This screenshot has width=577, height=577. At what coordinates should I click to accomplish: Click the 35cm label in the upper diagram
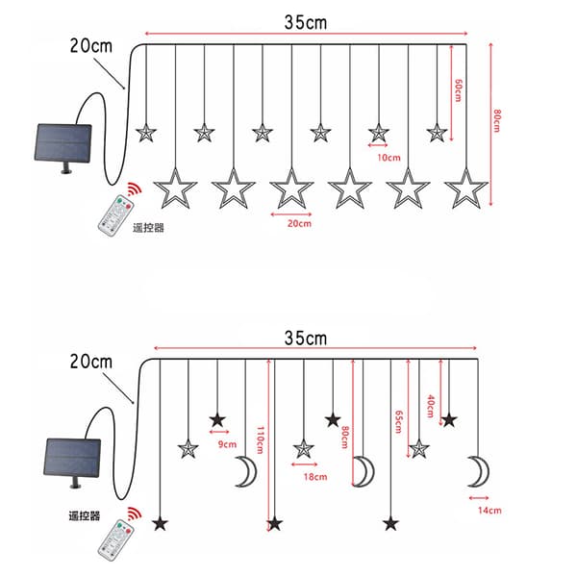306,22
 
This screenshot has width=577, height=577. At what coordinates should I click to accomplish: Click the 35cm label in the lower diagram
306,339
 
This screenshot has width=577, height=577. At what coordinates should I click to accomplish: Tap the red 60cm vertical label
458,90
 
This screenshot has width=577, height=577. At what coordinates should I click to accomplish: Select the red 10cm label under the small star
389,158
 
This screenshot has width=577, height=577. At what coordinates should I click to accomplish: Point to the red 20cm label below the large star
299,223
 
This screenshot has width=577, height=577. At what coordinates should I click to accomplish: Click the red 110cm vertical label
261,440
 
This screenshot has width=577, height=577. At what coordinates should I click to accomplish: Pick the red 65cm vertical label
398,422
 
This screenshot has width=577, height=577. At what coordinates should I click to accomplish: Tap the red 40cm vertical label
431,406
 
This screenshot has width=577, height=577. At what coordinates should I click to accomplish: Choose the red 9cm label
227,444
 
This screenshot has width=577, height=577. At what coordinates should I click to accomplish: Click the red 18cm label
315,477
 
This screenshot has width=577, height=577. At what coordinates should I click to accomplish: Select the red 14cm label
489,511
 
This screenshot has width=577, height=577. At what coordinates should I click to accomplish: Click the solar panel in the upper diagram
63,143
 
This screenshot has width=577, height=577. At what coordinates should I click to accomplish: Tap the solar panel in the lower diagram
72,458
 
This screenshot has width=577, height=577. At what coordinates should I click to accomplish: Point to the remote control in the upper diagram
114,214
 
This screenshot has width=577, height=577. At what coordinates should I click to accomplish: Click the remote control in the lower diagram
116,539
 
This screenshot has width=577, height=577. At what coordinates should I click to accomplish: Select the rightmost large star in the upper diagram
466,189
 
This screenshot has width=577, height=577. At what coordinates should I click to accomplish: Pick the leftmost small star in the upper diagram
146,133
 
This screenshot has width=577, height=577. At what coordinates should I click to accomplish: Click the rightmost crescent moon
479,471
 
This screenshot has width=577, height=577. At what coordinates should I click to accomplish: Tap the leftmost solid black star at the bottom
160,524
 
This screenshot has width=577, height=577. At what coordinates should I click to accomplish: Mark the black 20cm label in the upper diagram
91,46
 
